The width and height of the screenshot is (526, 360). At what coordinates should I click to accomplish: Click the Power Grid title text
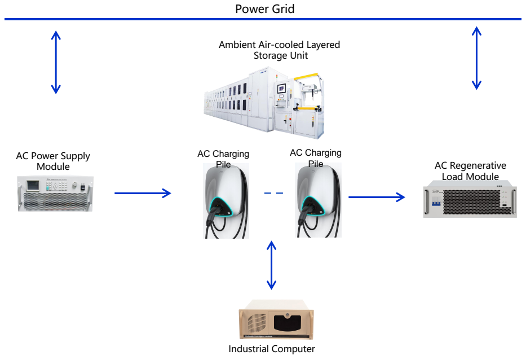pyautogui.click(x=264, y=9)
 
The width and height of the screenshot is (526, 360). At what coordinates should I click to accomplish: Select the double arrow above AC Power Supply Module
pyautogui.click(x=55, y=62)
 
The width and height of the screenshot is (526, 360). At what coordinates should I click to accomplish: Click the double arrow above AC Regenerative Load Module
pyautogui.click(x=476, y=58)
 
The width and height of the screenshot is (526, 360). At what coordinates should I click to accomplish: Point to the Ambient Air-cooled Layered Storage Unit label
pyautogui.click(x=279, y=50)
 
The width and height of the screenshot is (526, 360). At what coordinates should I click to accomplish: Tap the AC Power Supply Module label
pyautogui.click(x=53, y=161)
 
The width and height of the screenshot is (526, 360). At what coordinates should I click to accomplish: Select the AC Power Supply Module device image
pyautogui.click(x=55, y=194)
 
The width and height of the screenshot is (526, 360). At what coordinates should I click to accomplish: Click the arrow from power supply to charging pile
pyautogui.click(x=142, y=194)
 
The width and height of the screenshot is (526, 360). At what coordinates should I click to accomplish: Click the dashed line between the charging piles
pyautogui.click(x=273, y=194)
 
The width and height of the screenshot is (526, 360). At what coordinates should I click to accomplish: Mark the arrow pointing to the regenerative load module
pyautogui.click(x=377, y=197)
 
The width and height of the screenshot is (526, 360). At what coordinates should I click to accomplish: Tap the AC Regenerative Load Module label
pyautogui.click(x=470, y=171)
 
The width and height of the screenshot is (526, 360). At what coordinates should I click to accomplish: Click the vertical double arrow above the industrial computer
pyautogui.click(x=272, y=265)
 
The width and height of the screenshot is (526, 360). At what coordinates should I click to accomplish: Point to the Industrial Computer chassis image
pyautogui.click(x=276, y=323)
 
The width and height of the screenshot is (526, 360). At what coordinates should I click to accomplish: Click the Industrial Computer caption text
pyautogui.click(x=272, y=349)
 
